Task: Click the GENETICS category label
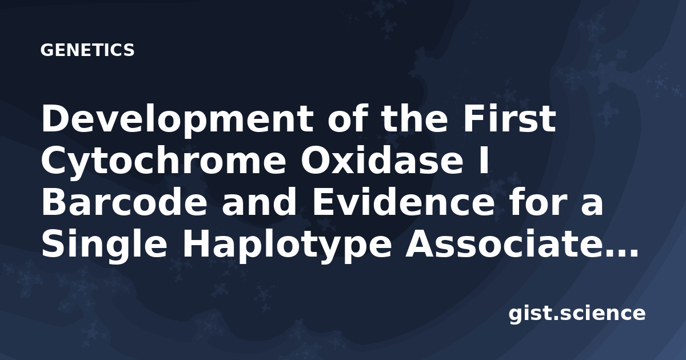(x=87, y=50)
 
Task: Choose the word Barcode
(x=124, y=202)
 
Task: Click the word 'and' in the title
(x=259, y=202)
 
